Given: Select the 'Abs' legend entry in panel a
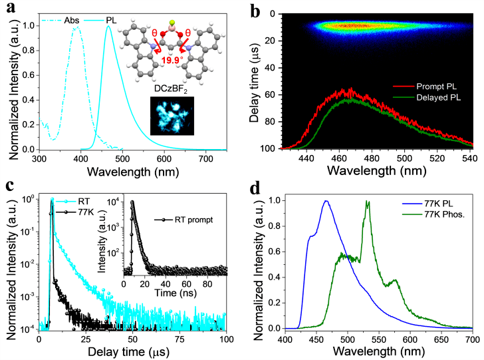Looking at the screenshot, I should point(72,21).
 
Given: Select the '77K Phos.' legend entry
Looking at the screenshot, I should point(432,215).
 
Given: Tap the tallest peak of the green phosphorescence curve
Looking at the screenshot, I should point(367,202).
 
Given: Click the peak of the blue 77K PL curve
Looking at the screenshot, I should point(326,201).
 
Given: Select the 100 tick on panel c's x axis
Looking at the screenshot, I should point(227,339).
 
